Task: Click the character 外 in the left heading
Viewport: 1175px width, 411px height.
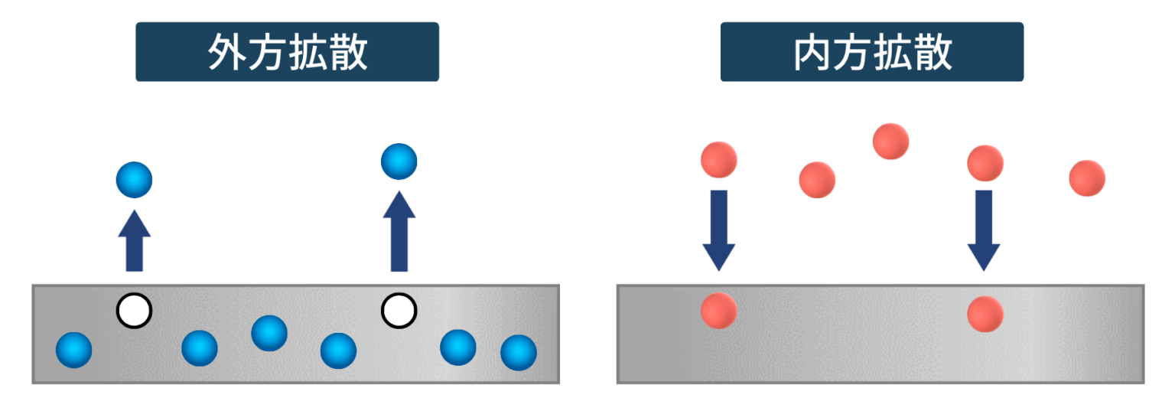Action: pos(228,53)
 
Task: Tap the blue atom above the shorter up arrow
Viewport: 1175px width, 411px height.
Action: pos(134,181)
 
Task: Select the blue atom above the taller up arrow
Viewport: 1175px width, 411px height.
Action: pos(399,161)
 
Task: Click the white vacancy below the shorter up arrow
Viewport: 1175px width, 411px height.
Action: pos(134,311)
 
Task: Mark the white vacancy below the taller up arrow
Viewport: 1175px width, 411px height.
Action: pos(399,311)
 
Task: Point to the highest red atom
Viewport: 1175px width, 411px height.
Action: pos(890,141)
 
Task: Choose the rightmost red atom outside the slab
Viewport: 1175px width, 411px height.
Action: pos(1087,178)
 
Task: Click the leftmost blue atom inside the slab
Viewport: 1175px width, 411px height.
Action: pos(74,350)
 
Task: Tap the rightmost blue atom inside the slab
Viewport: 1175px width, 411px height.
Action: pos(519,353)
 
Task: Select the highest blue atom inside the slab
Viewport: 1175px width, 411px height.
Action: pos(269,333)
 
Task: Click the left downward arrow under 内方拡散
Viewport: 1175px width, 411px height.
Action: pos(718,230)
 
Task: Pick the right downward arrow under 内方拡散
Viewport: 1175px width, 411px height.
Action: pos(984,230)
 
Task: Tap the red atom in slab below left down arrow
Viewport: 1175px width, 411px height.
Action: pos(718,311)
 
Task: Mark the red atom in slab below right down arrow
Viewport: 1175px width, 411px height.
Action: pos(985,314)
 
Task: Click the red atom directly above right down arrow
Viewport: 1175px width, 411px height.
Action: pos(985,162)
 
